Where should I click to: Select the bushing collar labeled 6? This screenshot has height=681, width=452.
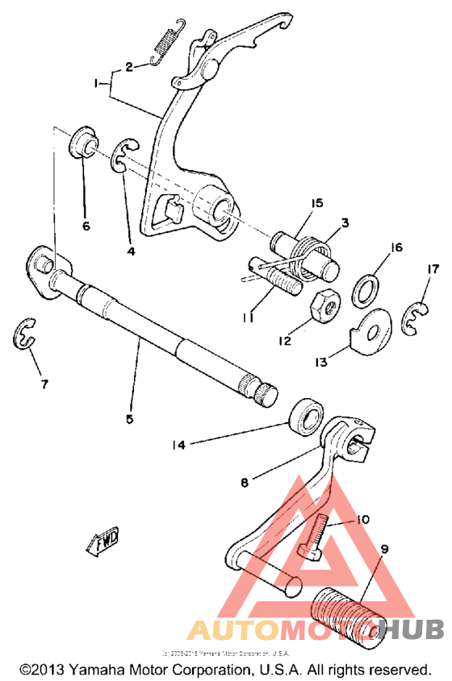click(85, 145)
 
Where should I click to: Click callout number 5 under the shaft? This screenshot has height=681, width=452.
click(129, 418)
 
